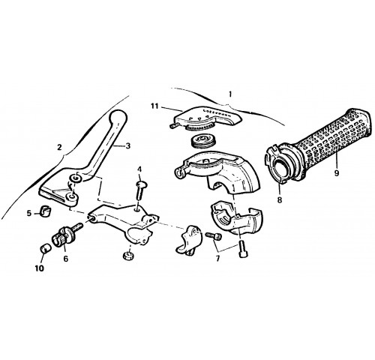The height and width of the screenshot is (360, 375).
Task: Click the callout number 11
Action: [x=154, y=106]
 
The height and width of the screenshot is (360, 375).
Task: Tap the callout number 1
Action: [x=230, y=94]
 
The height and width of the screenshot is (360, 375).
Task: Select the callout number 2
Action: [x=59, y=148]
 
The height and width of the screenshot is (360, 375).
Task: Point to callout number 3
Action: [x=128, y=145]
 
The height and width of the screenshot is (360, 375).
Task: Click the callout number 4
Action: [x=139, y=169]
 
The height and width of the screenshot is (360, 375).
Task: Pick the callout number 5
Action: [x=29, y=213]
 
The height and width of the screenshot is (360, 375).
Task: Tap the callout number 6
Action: [x=66, y=259]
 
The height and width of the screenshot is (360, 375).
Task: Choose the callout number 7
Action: [x=217, y=258]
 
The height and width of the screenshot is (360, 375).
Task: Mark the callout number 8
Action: [x=280, y=199]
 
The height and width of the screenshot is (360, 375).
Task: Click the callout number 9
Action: [x=337, y=172]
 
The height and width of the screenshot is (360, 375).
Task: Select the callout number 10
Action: [x=40, y=268]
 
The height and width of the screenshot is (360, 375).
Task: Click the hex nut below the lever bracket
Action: [x=127, y=256]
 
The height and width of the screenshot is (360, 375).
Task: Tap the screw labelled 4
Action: [x=141, y=190]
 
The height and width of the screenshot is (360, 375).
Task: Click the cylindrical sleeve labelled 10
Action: [x=46, y=248]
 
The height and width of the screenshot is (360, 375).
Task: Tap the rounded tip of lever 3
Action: [x=118, y=117]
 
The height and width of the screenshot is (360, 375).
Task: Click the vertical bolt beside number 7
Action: [x=243, y=248]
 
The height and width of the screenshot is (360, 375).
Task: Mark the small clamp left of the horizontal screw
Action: [x=189, y=240]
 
